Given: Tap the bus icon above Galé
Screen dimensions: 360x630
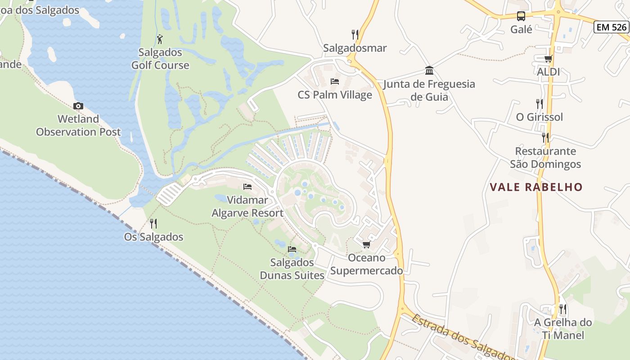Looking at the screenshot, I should tap(521, 16).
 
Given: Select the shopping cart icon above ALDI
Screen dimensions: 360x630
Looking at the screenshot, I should tap(548, 58).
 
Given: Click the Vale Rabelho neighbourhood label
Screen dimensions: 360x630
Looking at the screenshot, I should tap(536, 187).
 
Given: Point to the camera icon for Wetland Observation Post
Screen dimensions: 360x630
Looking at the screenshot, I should tap(78, 106).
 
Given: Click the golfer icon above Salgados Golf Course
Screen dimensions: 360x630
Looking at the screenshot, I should tap(160, 39).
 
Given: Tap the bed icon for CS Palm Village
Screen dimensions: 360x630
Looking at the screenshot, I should tap(335, 81).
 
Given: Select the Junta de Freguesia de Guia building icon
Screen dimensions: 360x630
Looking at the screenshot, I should tap(429, 71).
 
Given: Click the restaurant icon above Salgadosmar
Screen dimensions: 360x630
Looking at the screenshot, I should tap(355, 34).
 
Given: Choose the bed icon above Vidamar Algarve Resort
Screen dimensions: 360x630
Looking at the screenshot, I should tap(247, 187).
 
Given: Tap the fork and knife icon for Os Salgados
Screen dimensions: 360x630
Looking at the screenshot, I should tap(153, 224).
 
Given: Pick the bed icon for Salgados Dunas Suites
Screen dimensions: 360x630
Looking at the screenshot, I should tap(292, 249).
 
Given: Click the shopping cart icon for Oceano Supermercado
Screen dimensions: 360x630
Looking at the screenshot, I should tap(366, 244).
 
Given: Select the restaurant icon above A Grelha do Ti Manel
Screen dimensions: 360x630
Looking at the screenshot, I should tap(562, 309).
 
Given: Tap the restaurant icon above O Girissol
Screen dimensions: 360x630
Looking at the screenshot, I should tap(540, 104).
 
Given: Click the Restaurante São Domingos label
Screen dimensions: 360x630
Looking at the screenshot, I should tap(545, 157).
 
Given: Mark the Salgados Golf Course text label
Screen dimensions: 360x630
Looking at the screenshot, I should tap(160, 58).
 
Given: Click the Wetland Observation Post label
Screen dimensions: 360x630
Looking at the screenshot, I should tap(78, 126).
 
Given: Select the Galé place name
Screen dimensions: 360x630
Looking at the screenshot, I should tap(521, 30).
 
